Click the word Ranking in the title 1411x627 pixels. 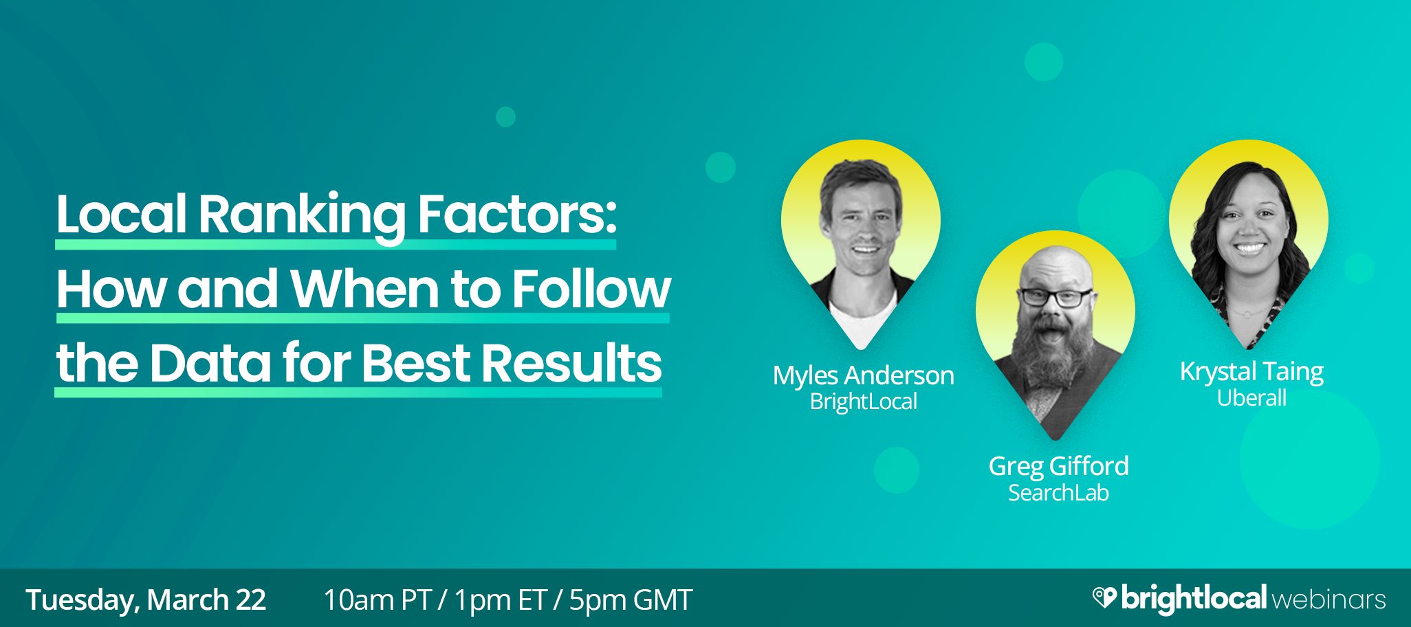(x=301, y=214)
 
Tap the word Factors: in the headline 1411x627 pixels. (x=517, y=214)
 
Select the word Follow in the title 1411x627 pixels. (x=591, y=289)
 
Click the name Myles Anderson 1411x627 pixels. (x=863, y=376)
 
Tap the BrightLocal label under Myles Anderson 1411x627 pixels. (x=863, y=401)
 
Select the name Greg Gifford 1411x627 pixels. (x=1058, y=466)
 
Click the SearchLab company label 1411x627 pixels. (x=1058, y=493)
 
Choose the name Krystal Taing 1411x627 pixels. (x=1251, y=372)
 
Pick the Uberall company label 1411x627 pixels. (x=1251, y=398)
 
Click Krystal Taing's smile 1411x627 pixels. (x=1249, y=247)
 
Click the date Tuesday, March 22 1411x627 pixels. (x=146, y=599)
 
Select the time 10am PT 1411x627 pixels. (x=377, y=599)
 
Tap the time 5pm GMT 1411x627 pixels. (x=631, y=599)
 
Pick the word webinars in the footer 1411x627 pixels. (x=1328, y=599)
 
